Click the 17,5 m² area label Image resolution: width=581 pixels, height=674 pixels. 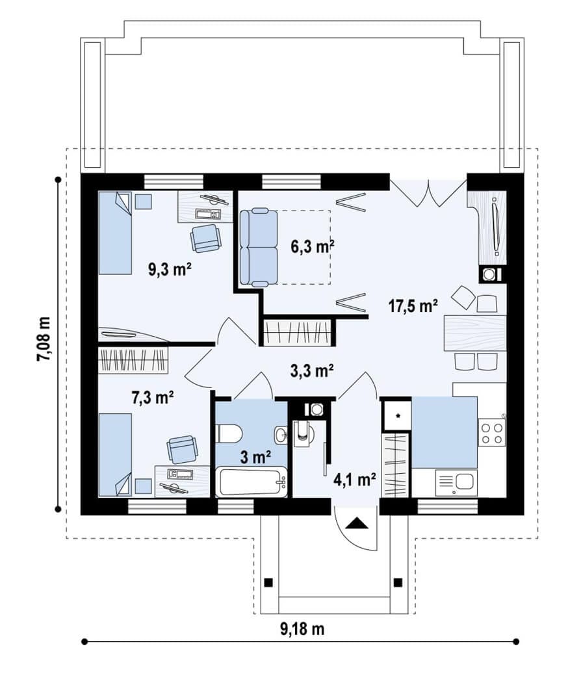[x=413, y=306]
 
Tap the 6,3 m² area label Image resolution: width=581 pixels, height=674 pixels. [x=313, y=247]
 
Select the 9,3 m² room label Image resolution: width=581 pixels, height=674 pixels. [x=170, y=270]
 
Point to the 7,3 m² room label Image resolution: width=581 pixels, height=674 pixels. [x=153, y=398]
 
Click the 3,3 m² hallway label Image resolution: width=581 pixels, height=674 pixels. [x=313, y=370]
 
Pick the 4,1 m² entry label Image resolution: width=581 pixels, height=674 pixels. [x=355, y=479]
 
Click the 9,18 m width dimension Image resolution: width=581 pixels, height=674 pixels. [x=302, y=629]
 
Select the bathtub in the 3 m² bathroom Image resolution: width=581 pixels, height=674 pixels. [x=251, y=482]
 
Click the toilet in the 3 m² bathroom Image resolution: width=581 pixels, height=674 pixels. [x=229, y=434]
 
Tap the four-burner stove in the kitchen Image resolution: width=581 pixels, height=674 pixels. [x=493, y=432]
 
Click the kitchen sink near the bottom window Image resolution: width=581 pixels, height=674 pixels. [x=457, y=483]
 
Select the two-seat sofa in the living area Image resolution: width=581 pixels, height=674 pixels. [x=259, y=247]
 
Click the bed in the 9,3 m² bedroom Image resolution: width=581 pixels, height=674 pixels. [x=115, y=233]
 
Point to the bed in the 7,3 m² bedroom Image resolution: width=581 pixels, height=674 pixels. [x=115, y=455]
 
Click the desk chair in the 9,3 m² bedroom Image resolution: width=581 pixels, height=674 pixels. [x=205, y=238]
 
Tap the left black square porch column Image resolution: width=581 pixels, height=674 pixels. [x=268, y=582]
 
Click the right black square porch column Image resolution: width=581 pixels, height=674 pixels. [x=398, y=582]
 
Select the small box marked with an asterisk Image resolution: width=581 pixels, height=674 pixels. [x=398, y=415]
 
